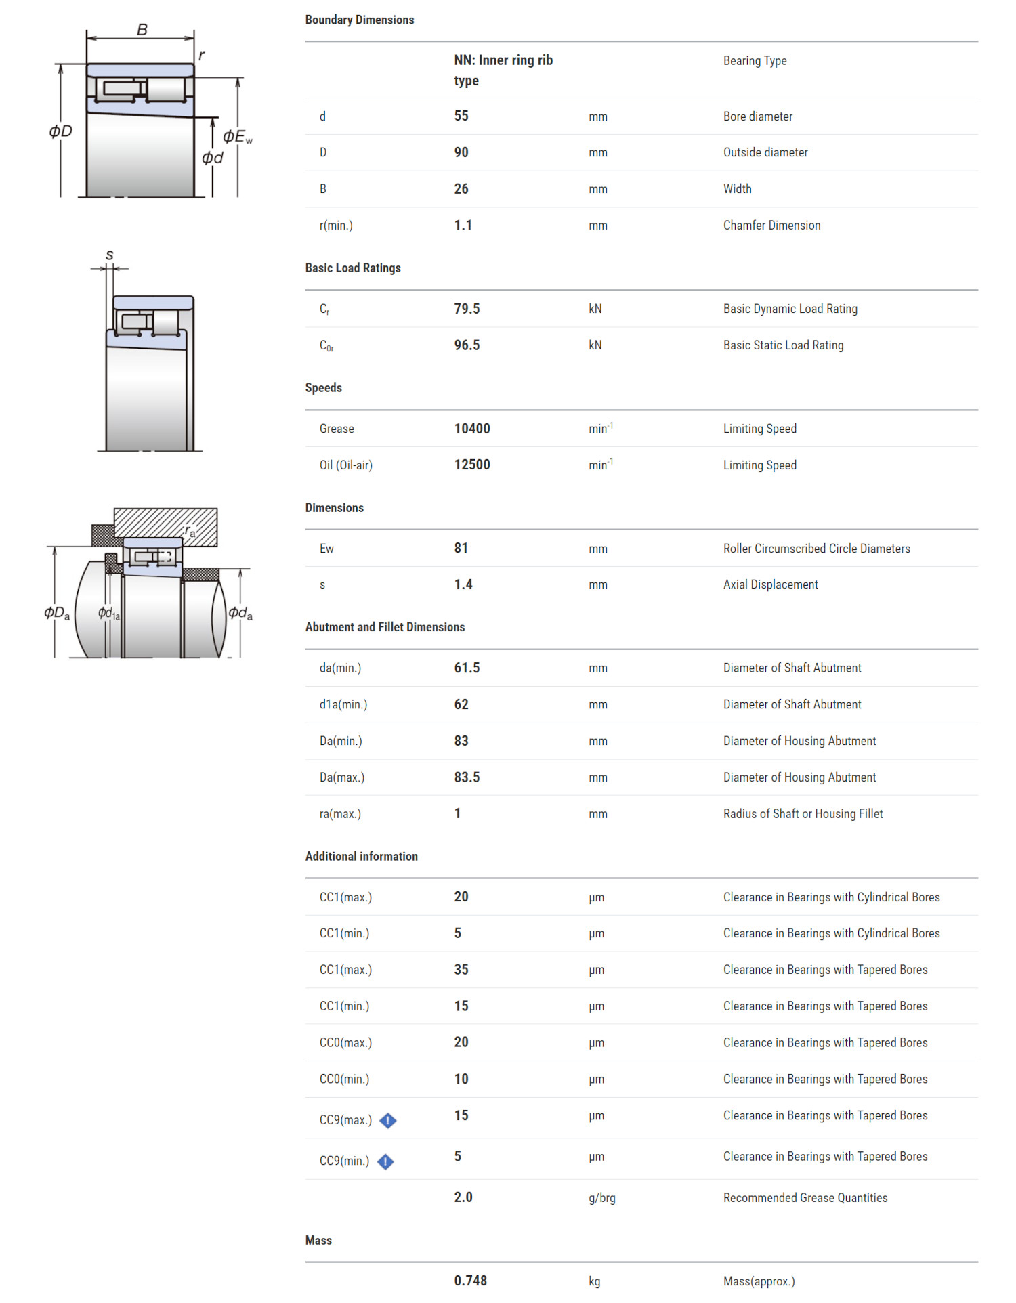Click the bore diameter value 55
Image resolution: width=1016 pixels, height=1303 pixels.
(x=461, y=116)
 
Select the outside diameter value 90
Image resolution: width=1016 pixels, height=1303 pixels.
(x=461, y=152)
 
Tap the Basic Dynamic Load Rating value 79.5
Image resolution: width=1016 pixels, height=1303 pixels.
(x=467, y=309)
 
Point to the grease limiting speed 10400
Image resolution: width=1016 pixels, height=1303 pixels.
(x=472, y=429)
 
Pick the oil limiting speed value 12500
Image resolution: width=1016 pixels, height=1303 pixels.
(x=472, y=465)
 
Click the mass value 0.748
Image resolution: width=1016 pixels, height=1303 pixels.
(x=471, y=1281)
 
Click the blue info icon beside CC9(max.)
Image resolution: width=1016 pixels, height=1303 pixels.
(x=388, y=1121)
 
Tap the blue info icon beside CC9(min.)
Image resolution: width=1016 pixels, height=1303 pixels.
(x=385, y=1161)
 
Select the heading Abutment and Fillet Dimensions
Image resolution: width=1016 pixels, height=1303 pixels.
(x=385, y=627)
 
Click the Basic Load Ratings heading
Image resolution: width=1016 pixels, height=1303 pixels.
(x=353, y=268)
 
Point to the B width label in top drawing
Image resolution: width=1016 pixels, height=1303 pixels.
(x=142, y=30)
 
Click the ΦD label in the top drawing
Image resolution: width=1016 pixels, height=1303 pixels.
(x=61, y=131)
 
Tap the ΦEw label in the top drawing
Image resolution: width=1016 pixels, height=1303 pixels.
(x=237, y=137)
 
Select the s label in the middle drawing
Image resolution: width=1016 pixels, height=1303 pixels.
(x=110, y=255)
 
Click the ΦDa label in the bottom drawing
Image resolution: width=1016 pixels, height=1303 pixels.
(x=57, y=613)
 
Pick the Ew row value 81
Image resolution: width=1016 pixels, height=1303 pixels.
(x=461, y=548)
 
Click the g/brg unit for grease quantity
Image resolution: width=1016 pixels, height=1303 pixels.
(x=602, y=1198)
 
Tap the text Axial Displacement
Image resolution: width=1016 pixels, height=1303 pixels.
(x=770, y=584)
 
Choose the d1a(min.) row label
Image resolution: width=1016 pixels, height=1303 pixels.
(x=343, y=704)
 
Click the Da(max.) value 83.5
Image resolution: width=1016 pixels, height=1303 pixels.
(x=467, y=777)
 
